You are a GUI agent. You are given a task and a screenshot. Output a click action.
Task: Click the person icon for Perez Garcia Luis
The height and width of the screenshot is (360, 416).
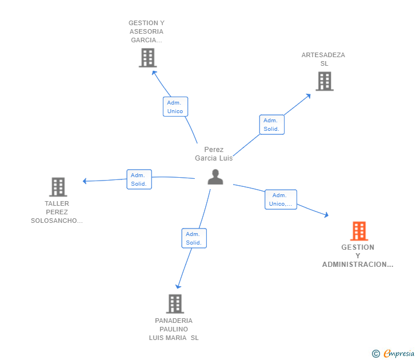point(215,177)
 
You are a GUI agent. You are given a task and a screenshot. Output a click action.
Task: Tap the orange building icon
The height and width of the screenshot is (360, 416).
point(359,231)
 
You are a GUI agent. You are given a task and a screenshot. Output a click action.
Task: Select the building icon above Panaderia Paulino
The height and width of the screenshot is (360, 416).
point(175,303)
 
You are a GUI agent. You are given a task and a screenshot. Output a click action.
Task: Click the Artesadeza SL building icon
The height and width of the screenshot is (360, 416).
point(325,81)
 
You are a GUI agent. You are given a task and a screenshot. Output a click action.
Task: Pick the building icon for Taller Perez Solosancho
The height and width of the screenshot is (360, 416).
point(58,187)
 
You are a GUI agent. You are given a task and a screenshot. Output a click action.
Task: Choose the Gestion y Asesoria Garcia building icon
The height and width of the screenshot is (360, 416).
point(147,58)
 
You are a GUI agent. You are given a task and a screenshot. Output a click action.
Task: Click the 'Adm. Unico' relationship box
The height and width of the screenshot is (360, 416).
point(175,107)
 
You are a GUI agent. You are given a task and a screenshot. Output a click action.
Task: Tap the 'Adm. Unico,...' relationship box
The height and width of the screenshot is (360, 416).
point(281,199)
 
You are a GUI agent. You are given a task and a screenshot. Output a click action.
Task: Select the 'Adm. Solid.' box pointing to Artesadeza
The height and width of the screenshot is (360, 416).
point(271,125)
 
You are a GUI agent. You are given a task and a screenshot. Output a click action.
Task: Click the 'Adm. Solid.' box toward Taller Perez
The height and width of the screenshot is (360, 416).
point(139,179)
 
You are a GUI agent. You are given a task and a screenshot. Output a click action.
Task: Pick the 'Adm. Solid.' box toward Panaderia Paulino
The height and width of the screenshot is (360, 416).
point(194,238)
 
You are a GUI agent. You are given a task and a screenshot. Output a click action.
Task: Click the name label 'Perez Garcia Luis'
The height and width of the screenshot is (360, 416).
point(214,154)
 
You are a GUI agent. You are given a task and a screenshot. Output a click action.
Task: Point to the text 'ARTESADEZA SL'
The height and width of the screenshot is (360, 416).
point(323,59)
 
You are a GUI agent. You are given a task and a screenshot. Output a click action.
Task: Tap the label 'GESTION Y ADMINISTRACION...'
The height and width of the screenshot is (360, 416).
point(358,256)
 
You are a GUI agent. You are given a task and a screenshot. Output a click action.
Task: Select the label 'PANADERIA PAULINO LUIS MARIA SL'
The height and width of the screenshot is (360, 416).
point(174,329)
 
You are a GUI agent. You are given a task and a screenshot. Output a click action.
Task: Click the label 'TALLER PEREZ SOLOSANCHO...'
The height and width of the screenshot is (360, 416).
point(57,212)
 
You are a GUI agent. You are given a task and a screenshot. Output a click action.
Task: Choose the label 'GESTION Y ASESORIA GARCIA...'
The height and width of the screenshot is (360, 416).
point(146,31)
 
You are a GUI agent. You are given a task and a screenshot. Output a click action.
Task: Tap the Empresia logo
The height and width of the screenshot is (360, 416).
point(398,354)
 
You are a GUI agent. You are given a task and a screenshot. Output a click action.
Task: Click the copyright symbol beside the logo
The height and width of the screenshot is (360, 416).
point(376,354)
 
